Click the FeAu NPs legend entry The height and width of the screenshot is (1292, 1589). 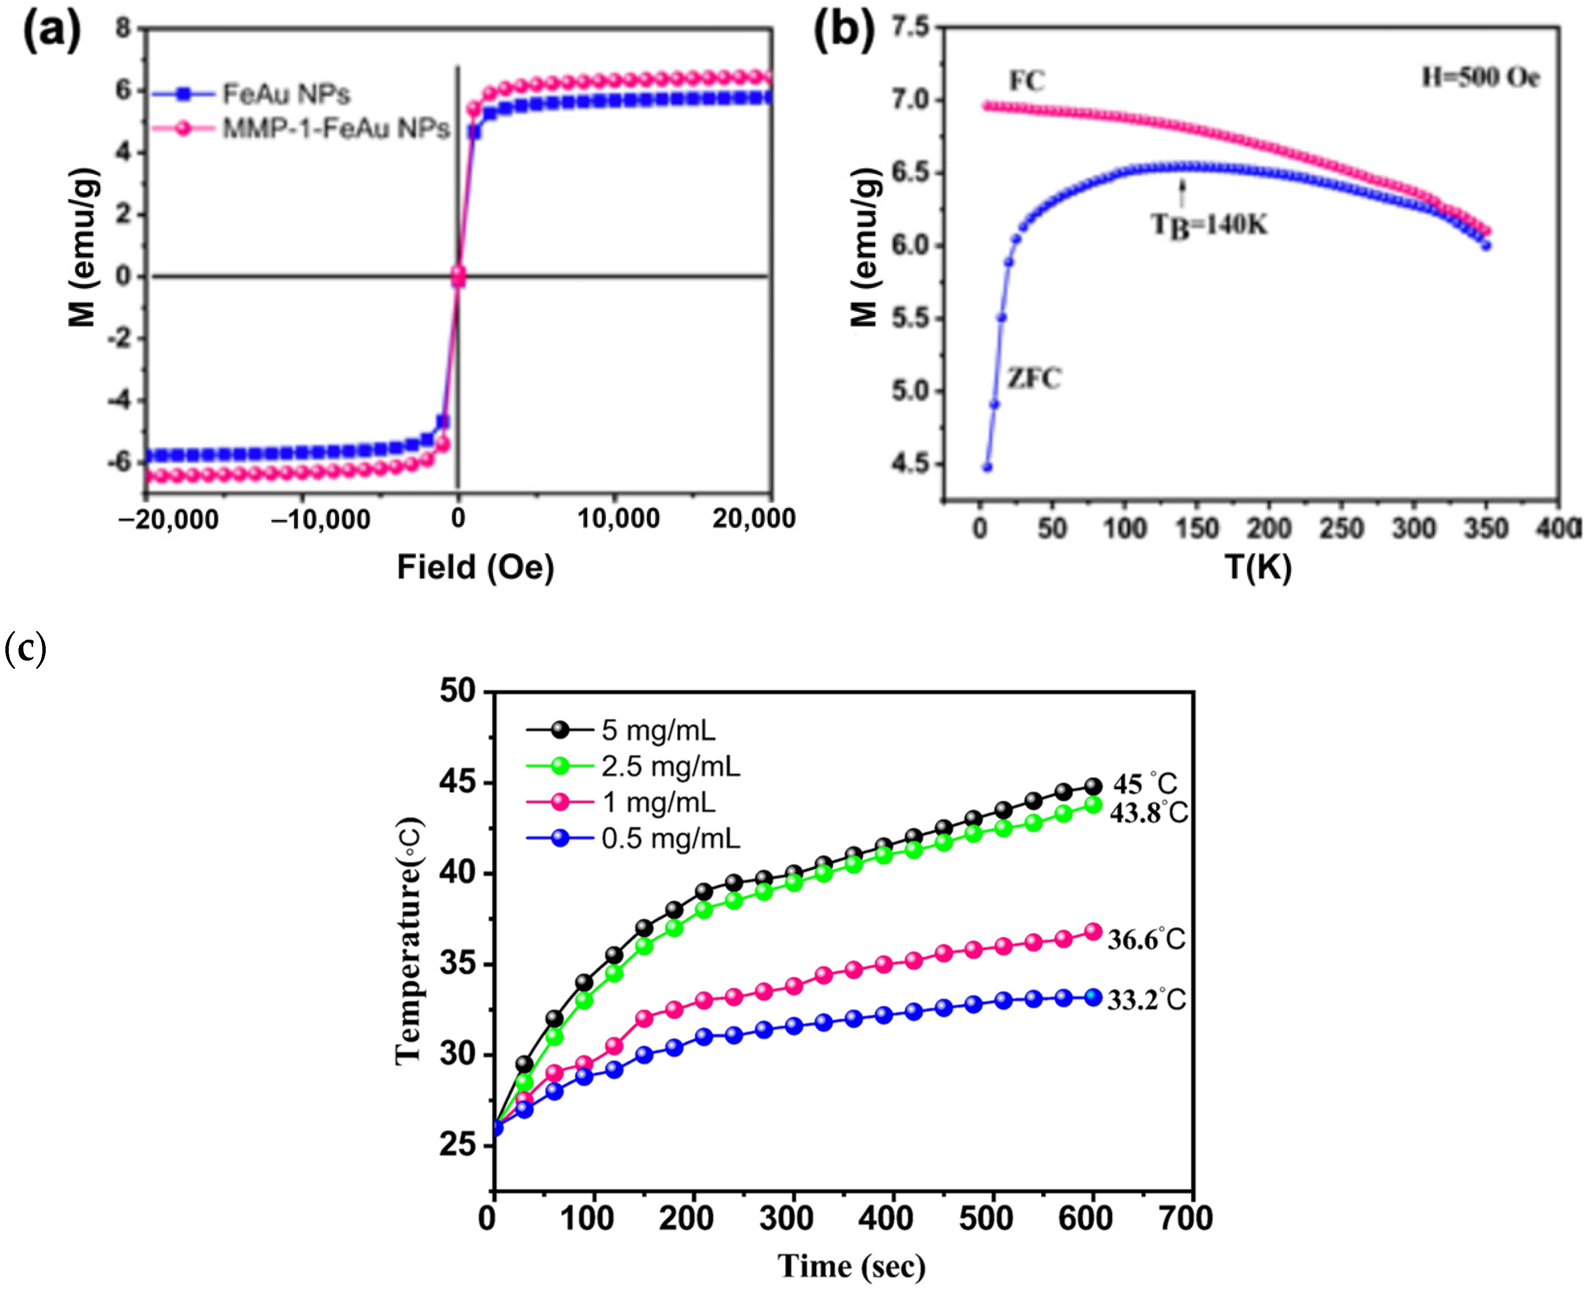click(x=287, y=94)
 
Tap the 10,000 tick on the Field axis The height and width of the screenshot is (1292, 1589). click(x=618, y=519)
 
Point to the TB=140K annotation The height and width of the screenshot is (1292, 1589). click(x=1210, y=224)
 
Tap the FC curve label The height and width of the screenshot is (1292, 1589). click(x=1027, y=80)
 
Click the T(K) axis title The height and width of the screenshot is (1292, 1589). click(x=1258, y=567)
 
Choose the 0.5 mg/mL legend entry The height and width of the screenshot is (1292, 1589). click(x=670, y=839)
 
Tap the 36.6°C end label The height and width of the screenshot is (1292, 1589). click(x=1146, y=940)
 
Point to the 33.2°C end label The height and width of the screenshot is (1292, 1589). click(x=1146, y=1000)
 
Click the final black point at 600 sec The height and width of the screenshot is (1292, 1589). click(x=1093, y=786)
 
